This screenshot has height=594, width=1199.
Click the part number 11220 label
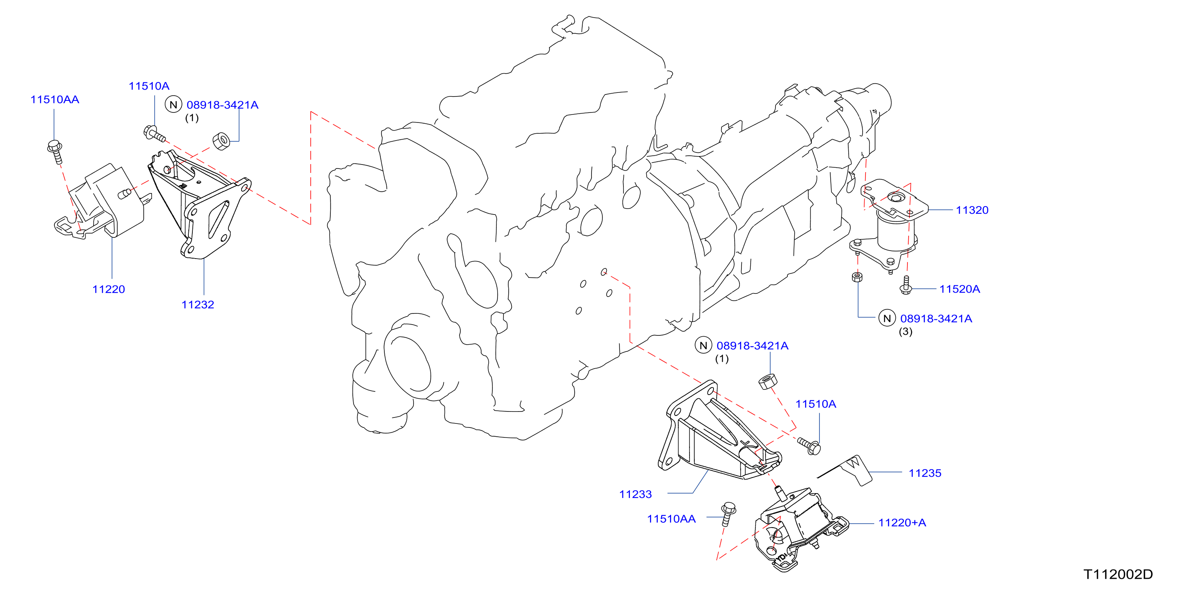(108, 289)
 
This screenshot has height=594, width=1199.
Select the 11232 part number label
(198, 305)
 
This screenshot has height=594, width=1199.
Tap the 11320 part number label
(972, 210)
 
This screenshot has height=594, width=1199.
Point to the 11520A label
(960, 289)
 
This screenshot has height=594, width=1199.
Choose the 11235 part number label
(925, 474)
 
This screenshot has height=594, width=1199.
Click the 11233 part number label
(635, 494)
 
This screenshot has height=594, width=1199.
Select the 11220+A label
(902, 523)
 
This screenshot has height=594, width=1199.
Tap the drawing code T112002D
(1118, 574)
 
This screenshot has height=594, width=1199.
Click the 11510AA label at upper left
(54, 100)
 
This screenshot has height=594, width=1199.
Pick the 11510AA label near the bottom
(671, 519)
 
